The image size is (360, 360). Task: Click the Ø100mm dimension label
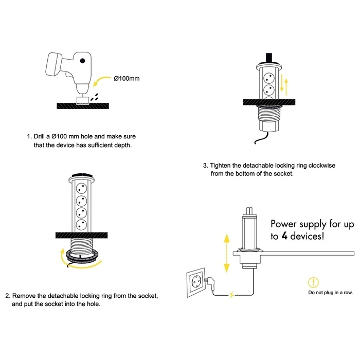127,79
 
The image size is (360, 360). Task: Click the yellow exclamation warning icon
313,282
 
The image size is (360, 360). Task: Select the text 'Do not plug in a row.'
330,293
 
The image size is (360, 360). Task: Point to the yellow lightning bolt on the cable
232,295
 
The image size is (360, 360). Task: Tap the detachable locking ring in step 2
80,254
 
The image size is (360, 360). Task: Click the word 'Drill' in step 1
41,137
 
